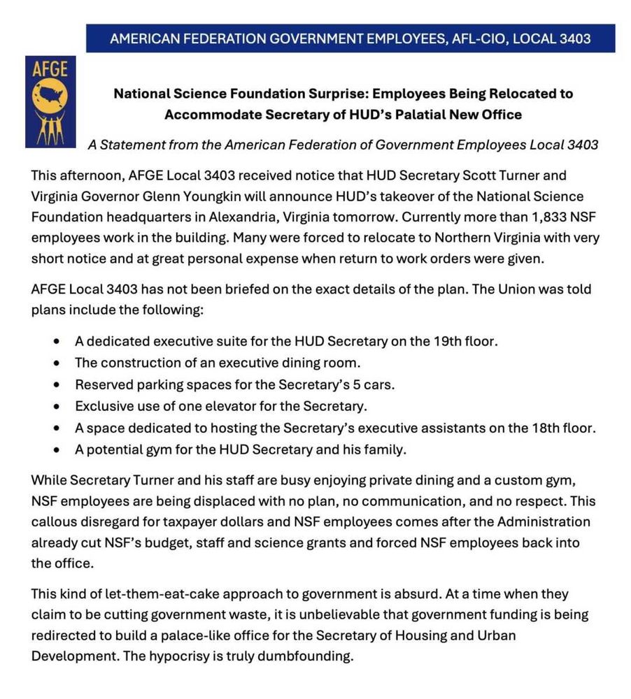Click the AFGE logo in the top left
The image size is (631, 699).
pyautogui.click(x=50, y=101)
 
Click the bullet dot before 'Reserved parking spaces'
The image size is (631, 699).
pyautogui.click(x=56, y=385)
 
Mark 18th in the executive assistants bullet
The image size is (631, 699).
pyautogui.click(x=539, y=428)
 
